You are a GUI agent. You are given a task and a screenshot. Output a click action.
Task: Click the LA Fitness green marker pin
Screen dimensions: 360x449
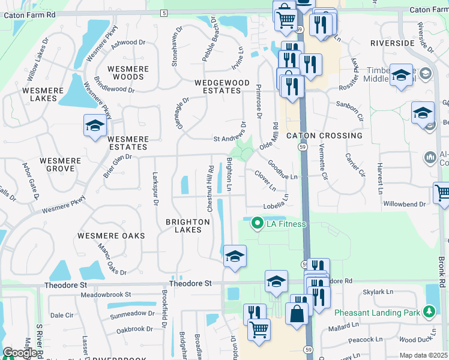point(258,224)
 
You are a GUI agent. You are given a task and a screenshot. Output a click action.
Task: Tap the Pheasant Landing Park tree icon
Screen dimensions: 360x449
point(428,312)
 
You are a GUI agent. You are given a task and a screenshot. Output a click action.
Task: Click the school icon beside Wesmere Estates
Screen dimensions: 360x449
point(95,125)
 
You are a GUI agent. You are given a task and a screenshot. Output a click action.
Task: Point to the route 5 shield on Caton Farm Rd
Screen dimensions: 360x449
point(164,13)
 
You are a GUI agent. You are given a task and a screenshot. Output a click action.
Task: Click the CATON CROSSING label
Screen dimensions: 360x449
point(324,136)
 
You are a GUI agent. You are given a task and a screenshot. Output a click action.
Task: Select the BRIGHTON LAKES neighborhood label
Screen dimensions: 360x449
point(188,226)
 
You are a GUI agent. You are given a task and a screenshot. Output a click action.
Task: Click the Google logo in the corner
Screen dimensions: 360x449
point(19,353)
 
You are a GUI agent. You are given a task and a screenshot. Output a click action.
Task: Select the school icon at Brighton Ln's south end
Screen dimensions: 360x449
point(235,256)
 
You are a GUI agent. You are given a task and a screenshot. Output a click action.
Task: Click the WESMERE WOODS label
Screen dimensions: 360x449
point(128,73)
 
